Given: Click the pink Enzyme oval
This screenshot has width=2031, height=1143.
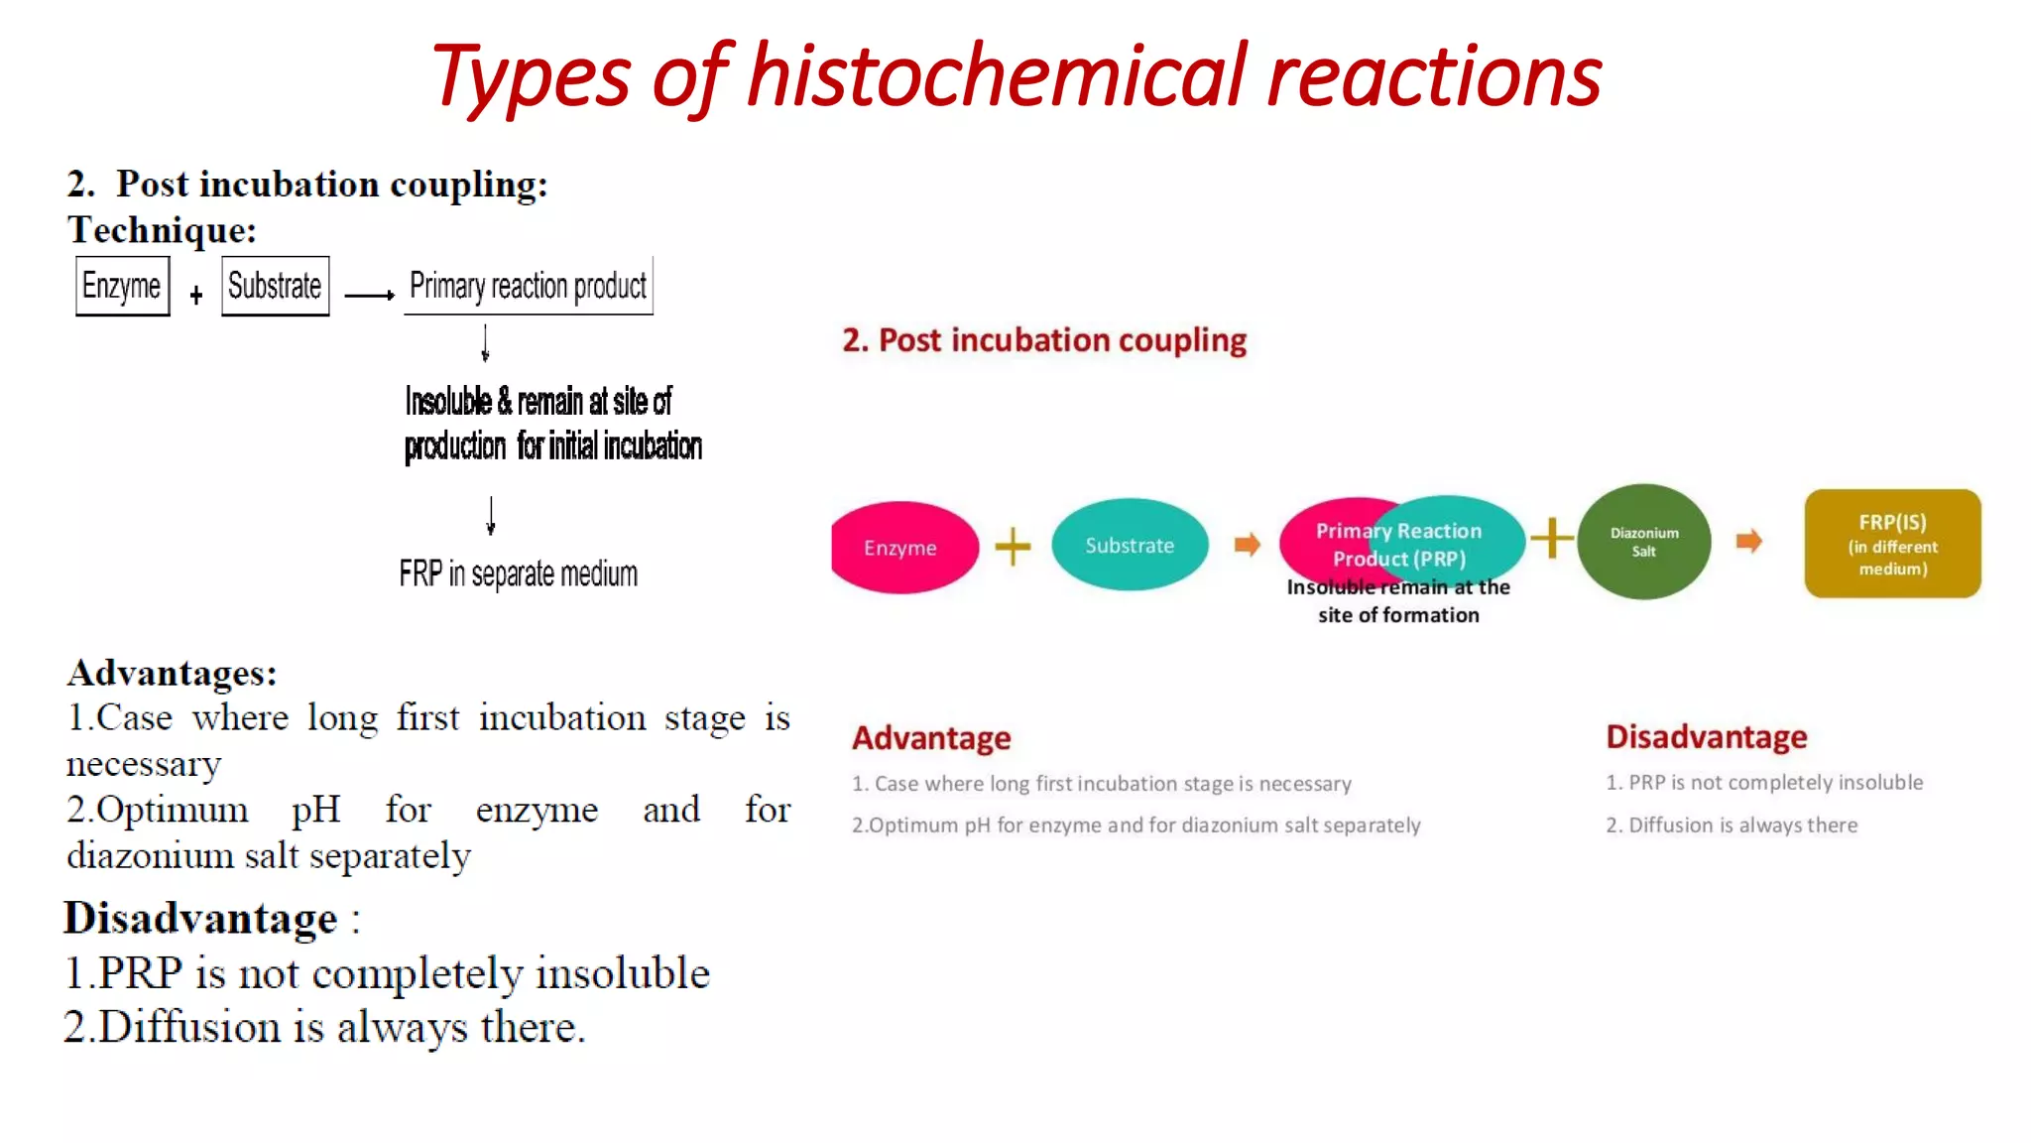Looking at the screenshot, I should tap(900, 547).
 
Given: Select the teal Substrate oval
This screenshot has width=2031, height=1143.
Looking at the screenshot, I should tap(1129, 545).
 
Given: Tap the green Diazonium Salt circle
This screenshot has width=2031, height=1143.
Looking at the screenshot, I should tap(1643, 542).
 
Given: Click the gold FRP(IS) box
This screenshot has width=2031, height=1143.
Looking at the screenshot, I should tap(1891, 544).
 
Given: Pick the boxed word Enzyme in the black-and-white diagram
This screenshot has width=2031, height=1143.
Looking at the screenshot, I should tap(122, 286).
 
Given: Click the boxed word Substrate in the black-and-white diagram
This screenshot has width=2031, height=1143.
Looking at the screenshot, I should tap(275, 286).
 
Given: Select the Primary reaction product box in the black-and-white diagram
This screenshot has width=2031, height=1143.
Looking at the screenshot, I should tap(528, 286).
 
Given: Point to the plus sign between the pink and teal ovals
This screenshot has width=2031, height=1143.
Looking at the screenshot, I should tap(1013, 547).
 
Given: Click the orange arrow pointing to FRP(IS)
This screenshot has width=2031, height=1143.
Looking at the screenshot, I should tap(1748, 542).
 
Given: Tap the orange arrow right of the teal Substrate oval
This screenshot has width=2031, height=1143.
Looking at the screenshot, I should tap(1247, 544).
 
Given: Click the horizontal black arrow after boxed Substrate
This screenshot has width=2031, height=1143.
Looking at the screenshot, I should tap(369, 295).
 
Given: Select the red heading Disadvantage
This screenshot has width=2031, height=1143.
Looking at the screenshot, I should tap(1706, 736).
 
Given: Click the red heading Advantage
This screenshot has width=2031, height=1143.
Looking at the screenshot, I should tap(930, 737).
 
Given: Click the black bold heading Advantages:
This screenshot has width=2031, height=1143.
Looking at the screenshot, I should tap(172, 673).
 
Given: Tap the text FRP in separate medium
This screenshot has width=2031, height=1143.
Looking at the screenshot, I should tap(518, 573).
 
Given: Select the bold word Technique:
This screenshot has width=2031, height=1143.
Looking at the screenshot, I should tap(162, 230).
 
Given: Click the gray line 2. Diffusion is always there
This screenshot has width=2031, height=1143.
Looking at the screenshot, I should tap(1731, 825).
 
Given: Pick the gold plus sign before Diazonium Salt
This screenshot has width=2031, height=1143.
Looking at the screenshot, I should tap(1551, 539).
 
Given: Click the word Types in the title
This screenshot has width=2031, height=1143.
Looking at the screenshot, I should tap(530, 76).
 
